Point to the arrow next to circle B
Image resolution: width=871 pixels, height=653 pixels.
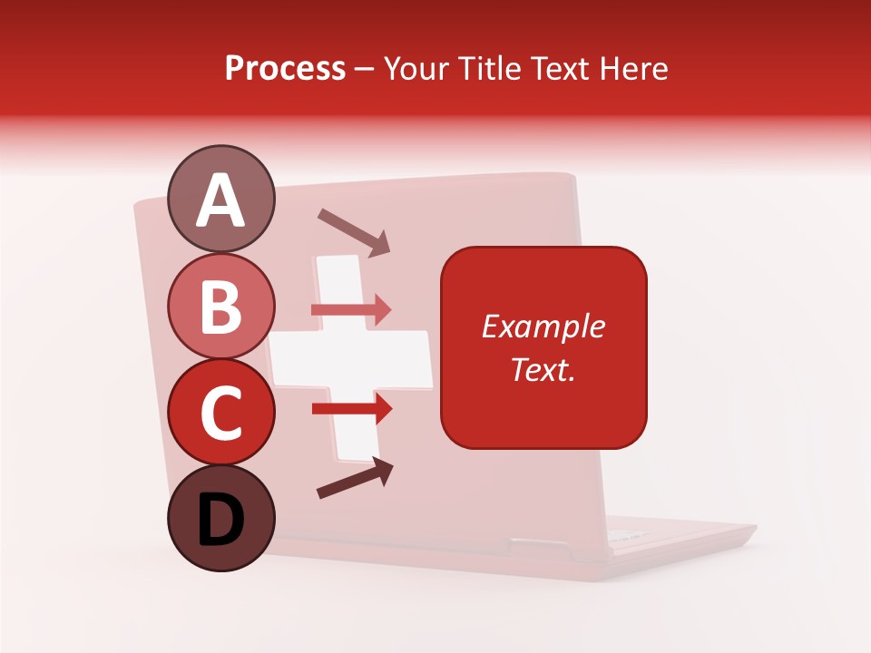click(x=351, y=310)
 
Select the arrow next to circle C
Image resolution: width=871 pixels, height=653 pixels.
click(x=352, y=410)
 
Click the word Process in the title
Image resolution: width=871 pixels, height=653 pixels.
click(x=285, y=68)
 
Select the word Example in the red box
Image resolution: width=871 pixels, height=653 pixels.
click(x=543, y=326)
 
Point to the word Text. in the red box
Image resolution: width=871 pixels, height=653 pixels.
click(x=543, y=369)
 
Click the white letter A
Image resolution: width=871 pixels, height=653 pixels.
click(x=220, y=201)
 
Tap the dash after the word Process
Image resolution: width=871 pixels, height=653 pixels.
click(x=365, y=70)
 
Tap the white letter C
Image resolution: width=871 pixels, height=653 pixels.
click(x=220, y=413)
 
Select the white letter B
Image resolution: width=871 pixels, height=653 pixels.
click(x=220, y=307)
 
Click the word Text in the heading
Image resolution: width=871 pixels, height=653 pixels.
click(x=557, y=68)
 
